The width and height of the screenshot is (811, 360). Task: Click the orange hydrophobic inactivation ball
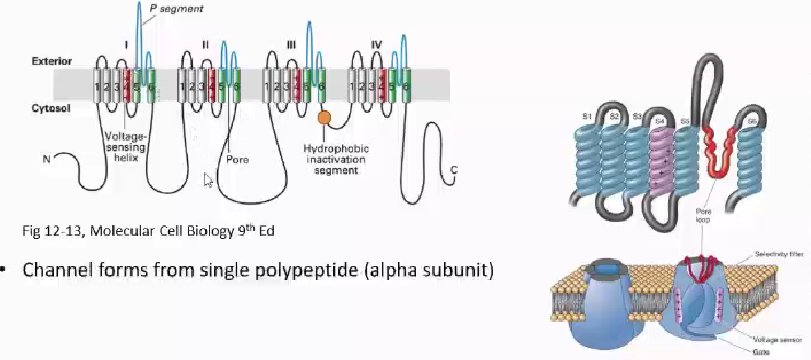pyautogui.click(x=324, y=118)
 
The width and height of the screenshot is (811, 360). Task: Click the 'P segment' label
pyautogui.click(x=176, y=9)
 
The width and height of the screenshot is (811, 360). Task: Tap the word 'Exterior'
pyautogui.click(x=52, y=61)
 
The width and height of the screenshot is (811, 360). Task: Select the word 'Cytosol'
pyautogui.click(x=51, y=108)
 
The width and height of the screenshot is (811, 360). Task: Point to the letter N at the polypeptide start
pyautogui.click(x=47, y=159)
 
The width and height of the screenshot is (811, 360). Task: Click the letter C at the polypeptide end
pyautogui.click(x=454, y=170)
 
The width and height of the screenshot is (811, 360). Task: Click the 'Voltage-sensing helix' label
pyautogui.click(x=126, y=147)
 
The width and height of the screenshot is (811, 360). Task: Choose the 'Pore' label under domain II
pyautogui.click(x=237, y=160)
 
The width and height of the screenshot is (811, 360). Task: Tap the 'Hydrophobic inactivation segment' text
pyautogui.click(x=336, y=159)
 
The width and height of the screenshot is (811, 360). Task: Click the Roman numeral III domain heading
pyautogui.click(x=291, y=44)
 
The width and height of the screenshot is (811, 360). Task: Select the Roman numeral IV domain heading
pyautogui.click(x=376, y=44)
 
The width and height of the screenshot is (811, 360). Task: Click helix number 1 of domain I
pyautogui.click(x=98, y=87)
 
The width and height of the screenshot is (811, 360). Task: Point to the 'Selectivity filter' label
pyautogui.click(x=779, y=254)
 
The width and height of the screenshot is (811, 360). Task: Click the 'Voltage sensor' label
pyautogui.click(x=777, y=340)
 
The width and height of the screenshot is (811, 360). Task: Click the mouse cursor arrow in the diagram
pyautogui.click(x=208, y=180)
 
